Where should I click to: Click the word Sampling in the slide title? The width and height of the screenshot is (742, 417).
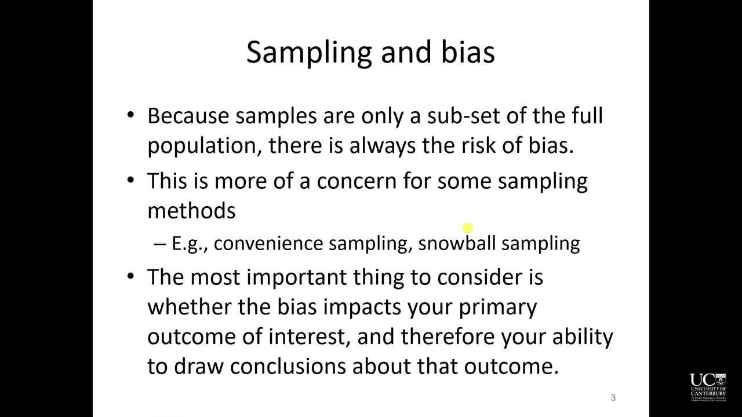(310, 53)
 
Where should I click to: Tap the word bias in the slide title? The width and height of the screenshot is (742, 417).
(468, 52)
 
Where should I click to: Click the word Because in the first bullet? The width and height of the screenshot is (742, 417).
(188, 116)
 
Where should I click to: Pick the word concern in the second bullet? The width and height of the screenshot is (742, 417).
(357, 182)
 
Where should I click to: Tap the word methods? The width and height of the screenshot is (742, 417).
(191, 210)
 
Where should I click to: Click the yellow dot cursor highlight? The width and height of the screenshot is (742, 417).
(468, 228)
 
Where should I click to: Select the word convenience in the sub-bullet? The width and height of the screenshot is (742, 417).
(268, 244)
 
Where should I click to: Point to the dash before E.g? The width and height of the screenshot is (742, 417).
(159, 244)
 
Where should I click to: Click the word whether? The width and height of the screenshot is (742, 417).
(190, 306)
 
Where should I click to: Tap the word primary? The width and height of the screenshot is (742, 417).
(497, 308)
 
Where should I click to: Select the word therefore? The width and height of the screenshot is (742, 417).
(448, 336)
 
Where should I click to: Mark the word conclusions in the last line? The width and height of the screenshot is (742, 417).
(288, 367)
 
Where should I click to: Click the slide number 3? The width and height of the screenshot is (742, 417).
(613, 397)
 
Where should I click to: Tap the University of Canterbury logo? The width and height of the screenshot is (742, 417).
(708, 387)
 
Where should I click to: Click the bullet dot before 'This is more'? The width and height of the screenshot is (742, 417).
(131, 180)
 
